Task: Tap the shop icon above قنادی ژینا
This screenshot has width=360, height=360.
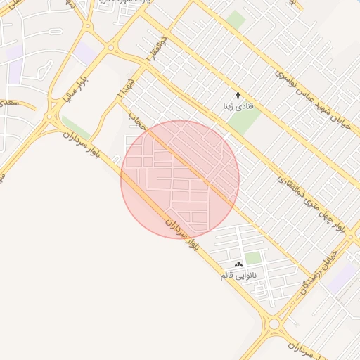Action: [238, 95]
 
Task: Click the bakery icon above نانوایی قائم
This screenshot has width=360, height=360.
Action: [239, 264]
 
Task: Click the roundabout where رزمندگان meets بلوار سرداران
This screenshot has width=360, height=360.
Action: [274, 325]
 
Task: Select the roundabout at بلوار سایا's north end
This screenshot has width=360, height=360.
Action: [110, 48]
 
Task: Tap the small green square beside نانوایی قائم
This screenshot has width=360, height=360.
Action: [253, 258]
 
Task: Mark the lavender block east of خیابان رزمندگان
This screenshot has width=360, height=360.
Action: [342, 276]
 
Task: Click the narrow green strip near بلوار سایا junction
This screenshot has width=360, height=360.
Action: [76, 128]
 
